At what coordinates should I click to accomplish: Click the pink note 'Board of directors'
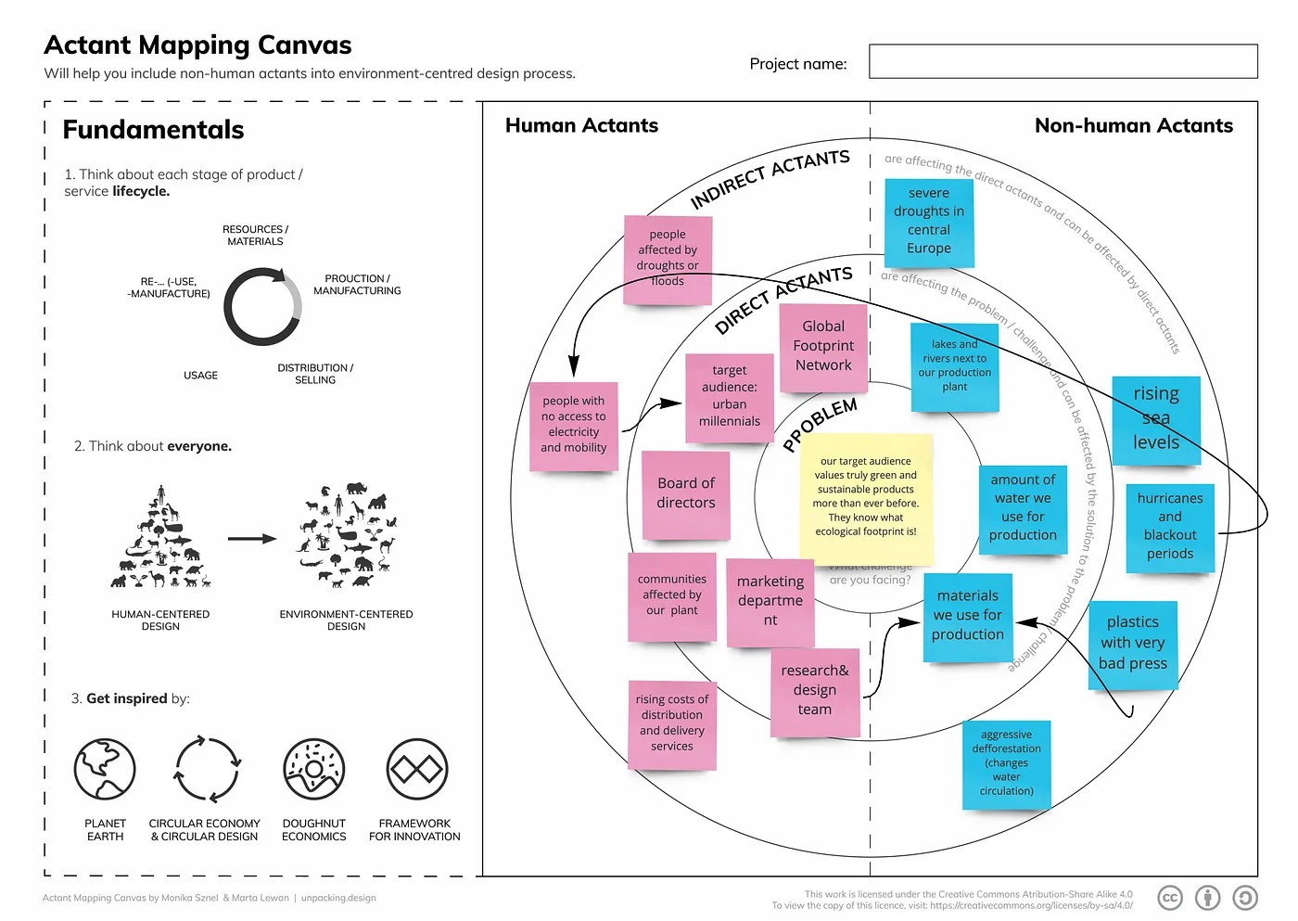[686, 493]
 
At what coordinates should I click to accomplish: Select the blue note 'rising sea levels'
[1155, 418]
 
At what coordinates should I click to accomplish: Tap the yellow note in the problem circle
[866, 497]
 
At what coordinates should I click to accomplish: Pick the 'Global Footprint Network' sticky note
[823, 346]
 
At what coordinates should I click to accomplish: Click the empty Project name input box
[1063, 62]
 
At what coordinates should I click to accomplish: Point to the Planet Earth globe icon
[105, 769]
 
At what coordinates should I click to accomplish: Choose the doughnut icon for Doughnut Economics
[313, 769]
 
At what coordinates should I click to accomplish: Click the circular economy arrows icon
[208, 769]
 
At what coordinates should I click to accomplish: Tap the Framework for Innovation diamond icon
[416, 769]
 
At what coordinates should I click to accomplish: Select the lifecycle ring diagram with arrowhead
[262, 307]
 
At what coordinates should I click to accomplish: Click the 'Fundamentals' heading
[153, 130]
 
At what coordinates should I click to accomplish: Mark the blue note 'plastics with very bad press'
[1132, 644]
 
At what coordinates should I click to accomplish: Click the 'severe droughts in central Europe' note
[929, 221]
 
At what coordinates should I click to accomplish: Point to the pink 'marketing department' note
[770, 601]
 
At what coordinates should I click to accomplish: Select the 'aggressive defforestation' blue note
[1006, 763]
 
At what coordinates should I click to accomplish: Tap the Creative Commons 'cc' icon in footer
[1170, 897]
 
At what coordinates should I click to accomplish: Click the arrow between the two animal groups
[252, 538]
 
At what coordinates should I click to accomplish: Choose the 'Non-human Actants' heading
[1133, 126]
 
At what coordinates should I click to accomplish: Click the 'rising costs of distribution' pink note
[671, 723]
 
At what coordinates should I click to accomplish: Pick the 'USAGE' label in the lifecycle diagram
[200, 376]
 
